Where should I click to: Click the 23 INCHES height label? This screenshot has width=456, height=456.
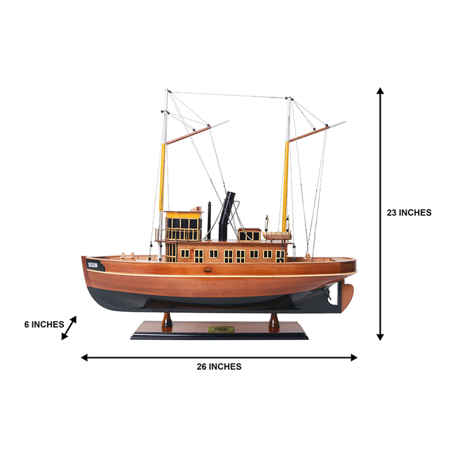[409, 213]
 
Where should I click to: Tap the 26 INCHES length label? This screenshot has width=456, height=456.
[218, 366]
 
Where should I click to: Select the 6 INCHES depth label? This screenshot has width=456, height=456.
[44, 324]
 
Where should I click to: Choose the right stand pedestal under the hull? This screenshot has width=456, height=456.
[274, 319]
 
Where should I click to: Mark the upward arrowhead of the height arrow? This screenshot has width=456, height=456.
[380, 91]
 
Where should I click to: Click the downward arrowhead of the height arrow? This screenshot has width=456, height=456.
[380, 336]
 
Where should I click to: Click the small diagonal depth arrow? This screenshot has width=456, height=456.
[69, 328]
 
